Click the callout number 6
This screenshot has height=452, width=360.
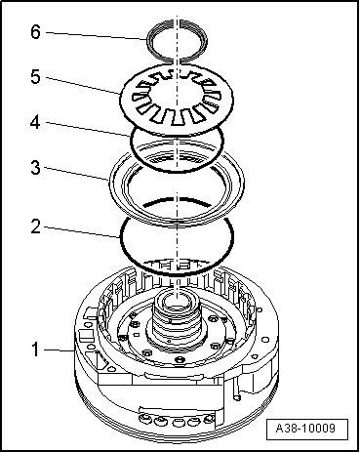point(35,32)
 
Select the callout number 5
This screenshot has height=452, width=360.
point(35,77)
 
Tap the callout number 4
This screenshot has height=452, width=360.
point(35,122)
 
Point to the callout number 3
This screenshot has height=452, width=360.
point(35,168)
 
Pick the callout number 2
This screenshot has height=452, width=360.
point(35,226)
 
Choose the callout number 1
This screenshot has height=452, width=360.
point(35,349)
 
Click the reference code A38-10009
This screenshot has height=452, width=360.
point(305,428)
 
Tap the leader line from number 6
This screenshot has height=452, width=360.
point(97,36)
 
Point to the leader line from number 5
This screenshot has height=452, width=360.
point(83,85)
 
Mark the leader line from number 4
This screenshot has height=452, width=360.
point(88,129)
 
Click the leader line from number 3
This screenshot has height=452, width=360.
point(77,173)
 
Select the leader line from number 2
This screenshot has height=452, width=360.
point(83,232)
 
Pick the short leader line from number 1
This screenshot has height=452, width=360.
point(60,350)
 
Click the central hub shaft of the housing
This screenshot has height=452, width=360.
point(177,319)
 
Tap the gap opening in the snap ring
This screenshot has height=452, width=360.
point(177,61)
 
